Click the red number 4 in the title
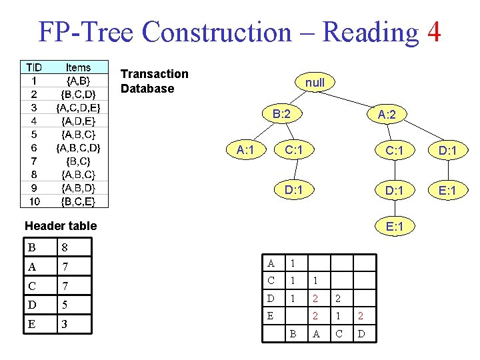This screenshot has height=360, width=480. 433,32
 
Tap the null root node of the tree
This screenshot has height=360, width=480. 315,83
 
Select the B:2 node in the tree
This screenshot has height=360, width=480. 281,114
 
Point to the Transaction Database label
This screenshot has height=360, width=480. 155,81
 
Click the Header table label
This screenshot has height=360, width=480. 61,225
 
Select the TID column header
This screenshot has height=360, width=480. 34,67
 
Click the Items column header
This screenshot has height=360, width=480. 78,67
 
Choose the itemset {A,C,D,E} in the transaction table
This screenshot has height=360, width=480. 78,107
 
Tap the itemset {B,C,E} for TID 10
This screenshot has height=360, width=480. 78,201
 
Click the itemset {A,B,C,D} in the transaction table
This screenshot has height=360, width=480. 78,147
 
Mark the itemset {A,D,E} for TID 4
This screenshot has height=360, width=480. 78,121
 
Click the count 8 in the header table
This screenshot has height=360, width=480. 65,247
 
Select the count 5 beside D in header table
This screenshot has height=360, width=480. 65,305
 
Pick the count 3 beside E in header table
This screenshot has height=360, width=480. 65,325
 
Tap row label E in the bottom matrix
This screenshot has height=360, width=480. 269,314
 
